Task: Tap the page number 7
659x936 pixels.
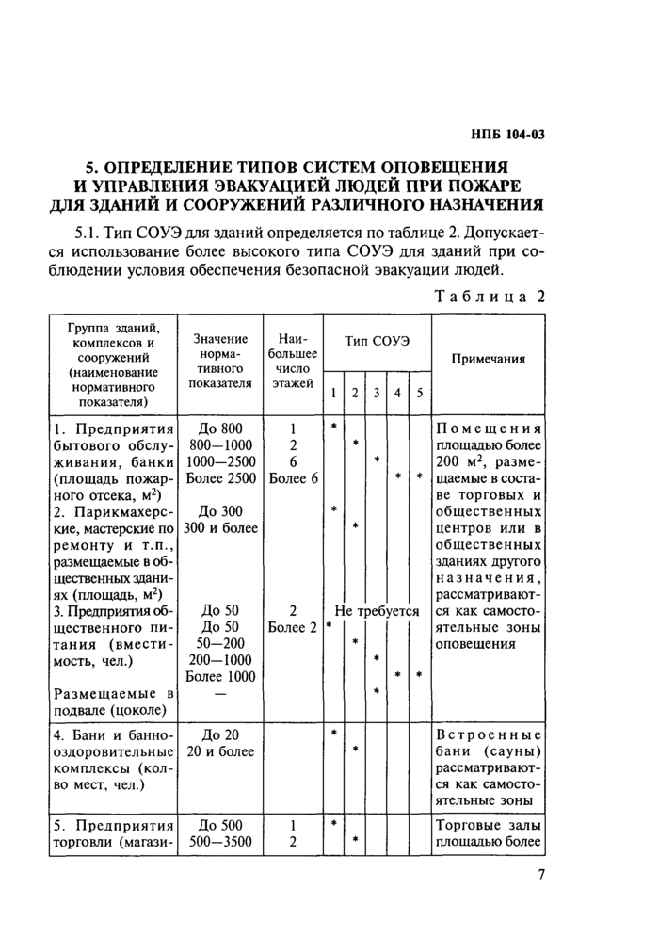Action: [540, 875]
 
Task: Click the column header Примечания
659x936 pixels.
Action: [488, 359]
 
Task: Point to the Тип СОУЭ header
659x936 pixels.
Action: [376, 339]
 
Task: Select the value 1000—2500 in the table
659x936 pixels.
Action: [222, 460]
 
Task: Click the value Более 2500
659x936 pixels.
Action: [222, 477]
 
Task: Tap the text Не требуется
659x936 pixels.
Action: [376, 611]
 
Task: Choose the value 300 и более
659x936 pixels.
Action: [222, 527]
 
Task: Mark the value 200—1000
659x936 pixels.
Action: [222, 659]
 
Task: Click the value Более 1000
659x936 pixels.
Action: [222, 676]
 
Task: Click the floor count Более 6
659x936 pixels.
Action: [294, 477]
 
